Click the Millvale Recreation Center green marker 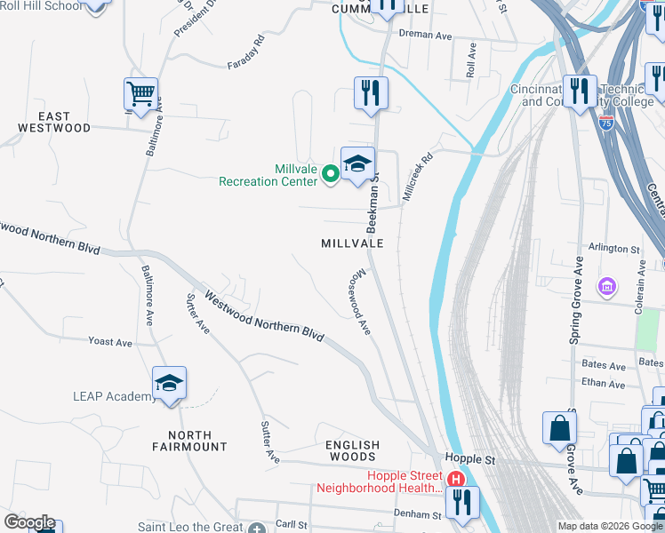click(331, 173)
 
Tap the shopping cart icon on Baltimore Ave click(140, 92)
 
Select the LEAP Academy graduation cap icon click(169, 383)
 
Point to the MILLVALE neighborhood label click(352, 243)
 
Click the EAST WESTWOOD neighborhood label click(54, 123)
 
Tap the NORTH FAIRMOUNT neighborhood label click(189, 441)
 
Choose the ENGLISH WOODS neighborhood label click(352, 451)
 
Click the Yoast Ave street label click(110, 342)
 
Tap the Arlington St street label click(614, 250)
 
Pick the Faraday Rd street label click(246, 53)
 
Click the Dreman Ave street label click(427, 35)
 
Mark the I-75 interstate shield click(607, 123)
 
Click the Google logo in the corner click(29, 522)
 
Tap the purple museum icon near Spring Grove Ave click(607, 286)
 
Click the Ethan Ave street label click(604, 384)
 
